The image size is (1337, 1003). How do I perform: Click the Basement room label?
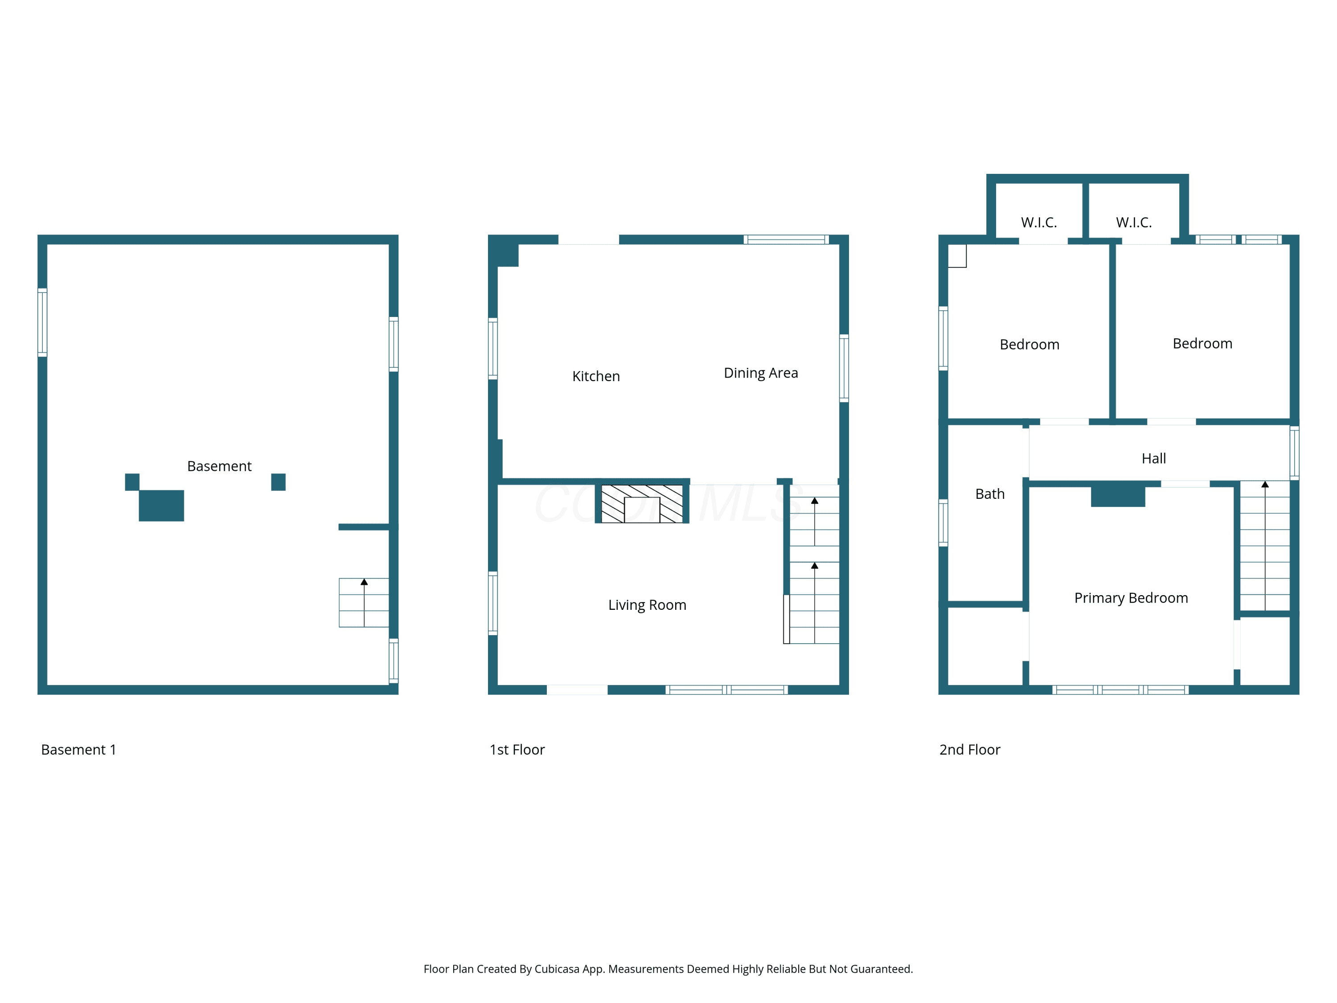(219, 466)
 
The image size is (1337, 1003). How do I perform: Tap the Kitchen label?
(596, 376)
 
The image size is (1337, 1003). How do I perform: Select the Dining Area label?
(761, 373)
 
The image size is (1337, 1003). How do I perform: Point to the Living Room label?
(648, 605)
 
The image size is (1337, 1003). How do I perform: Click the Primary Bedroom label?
(1131, 598)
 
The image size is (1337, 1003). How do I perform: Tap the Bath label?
(990, 494)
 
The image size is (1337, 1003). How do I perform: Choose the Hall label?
(1154, 458)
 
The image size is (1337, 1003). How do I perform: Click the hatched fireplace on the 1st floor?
(642, 504)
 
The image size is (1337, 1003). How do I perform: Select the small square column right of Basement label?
(278, 482)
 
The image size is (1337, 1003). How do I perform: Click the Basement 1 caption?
(78, 750)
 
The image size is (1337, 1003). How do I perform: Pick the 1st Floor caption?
(517, 750)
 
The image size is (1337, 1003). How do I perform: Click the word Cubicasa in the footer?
(557, 969)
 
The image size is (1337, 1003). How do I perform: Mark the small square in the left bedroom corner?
(957, 256)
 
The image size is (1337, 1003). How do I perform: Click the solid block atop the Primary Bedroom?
(1118, 496)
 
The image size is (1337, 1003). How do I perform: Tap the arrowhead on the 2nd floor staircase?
(1265, 484)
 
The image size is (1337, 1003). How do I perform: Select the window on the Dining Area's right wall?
(845, 368)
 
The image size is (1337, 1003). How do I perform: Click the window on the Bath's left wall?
(943, 523)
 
